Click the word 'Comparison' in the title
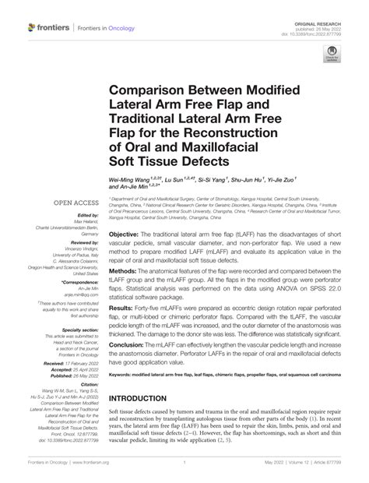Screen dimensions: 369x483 point(151,91)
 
